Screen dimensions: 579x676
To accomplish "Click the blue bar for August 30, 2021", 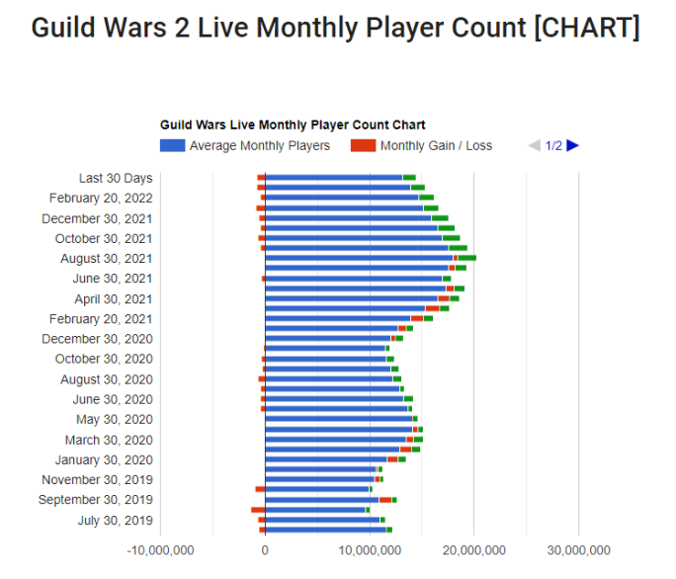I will point(358,258).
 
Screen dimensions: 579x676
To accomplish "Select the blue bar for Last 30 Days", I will point(334,178).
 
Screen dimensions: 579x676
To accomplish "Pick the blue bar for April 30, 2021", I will point(351,298).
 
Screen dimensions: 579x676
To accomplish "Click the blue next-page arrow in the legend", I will point(573,145).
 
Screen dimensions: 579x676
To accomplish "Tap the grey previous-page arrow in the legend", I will point(534,145).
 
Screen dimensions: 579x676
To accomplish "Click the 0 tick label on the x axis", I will point(265,550).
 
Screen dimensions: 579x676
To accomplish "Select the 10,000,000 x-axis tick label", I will point(369,550).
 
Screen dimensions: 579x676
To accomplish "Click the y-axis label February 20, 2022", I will point(101,198).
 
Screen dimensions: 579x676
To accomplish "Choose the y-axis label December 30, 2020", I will point(97,339).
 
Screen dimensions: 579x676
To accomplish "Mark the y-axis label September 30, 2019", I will point(96,500).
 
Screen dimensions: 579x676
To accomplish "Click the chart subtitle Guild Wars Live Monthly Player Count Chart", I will point(293,125).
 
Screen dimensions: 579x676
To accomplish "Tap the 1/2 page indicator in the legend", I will point(553,145).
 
